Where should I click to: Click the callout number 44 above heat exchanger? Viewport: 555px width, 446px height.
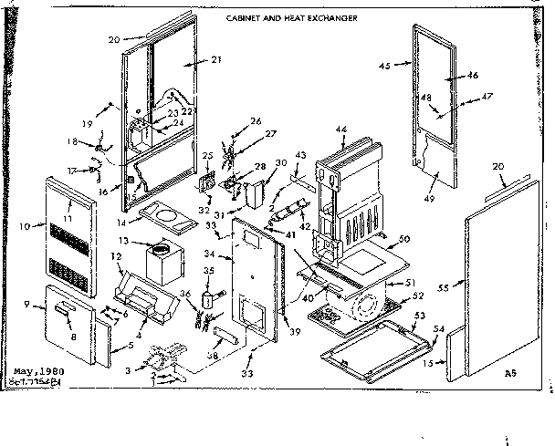pyautogui.click(x=342, y=131)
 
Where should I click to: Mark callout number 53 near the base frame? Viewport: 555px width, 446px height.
pyautogui.click(x=421, y=315)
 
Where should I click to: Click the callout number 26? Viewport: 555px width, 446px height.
pyautogui.click(x=256, y=119)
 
